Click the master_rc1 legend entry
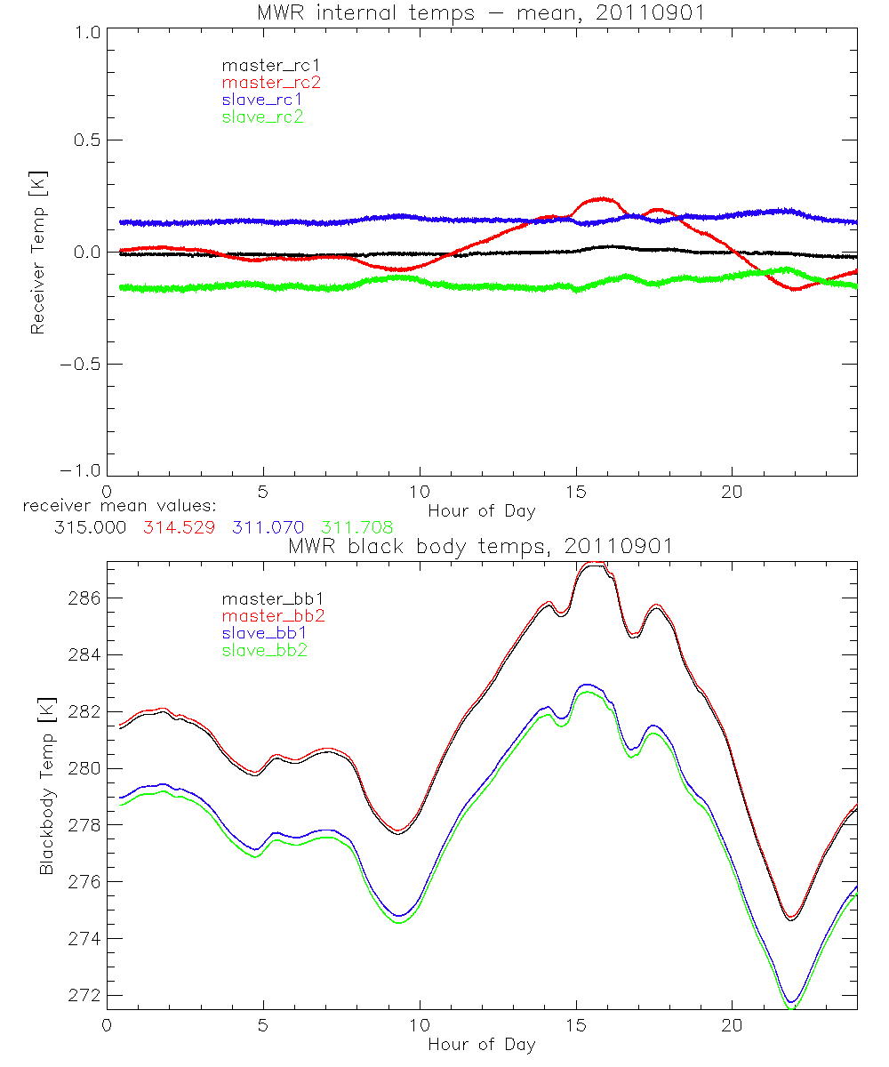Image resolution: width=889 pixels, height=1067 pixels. (x=262, y=65)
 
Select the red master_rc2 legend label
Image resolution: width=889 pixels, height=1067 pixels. (x=262, y=82)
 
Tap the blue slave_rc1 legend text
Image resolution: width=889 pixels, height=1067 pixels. (x=262, y=99)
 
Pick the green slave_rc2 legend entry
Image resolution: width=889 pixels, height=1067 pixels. (x=262, y=116)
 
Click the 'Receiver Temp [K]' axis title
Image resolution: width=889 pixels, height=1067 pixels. (x=37, y=254)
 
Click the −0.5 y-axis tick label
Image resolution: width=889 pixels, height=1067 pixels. (x=80, y=365)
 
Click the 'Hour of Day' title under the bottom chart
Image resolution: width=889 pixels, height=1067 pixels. (x=482, y=1044)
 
